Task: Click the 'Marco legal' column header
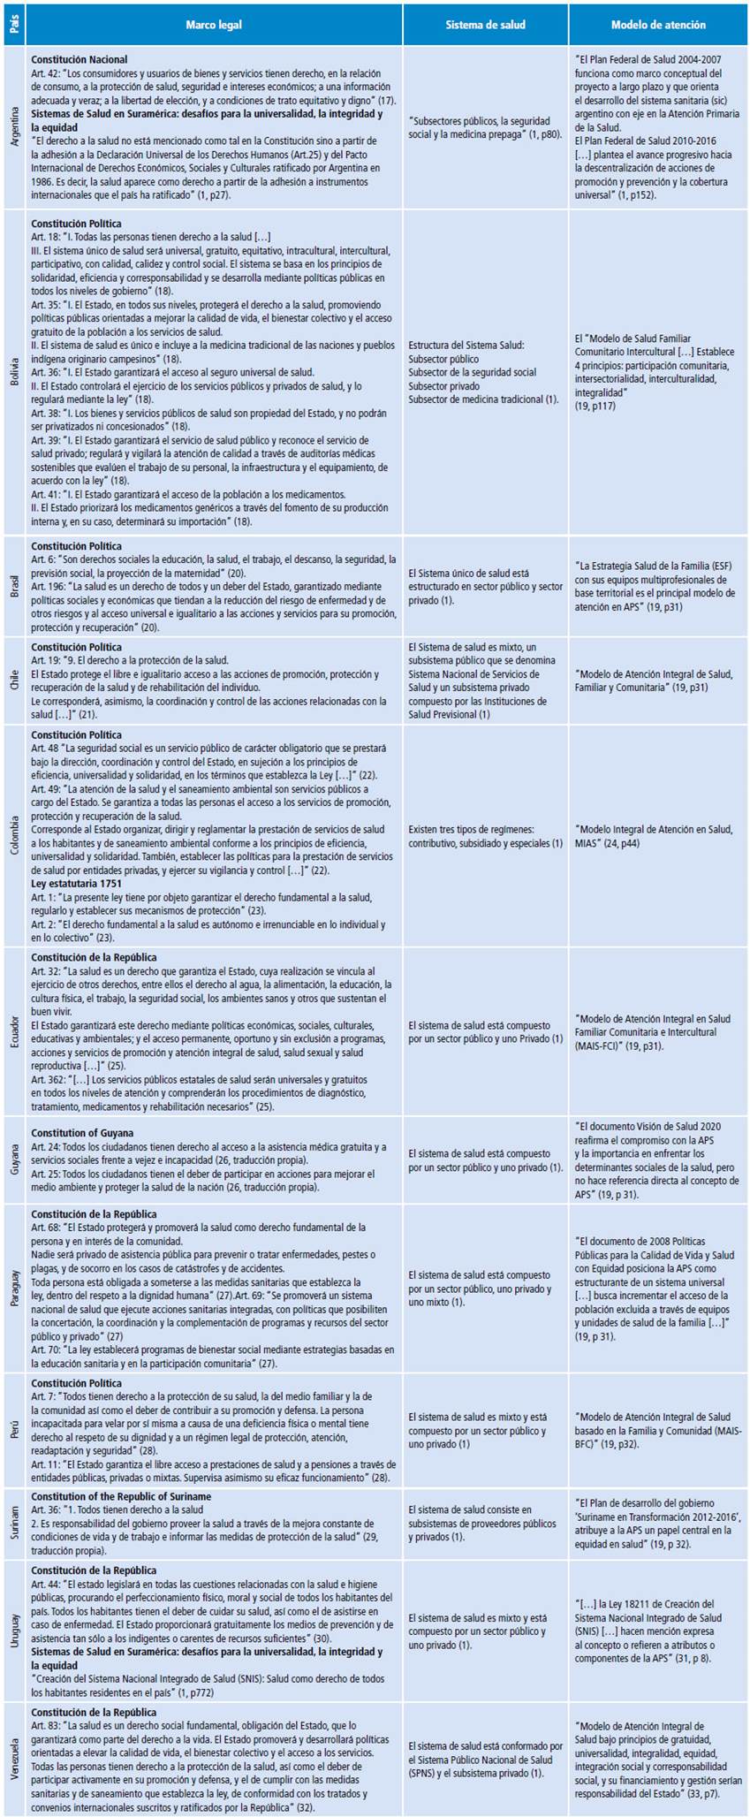pyautogui.click(x=213, y=25)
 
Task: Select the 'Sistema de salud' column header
pyautogui.click(x=485, y=25)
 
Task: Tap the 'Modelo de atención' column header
pyautogui.click(x=656, y=25)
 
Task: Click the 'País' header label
pyautogui.click(x=13, y=25)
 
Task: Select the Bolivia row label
pyautogui.click(x=13, y=372)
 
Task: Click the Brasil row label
pyautogui.click(x=13, y=587)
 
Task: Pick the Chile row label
pyautogui.click(x=13, y=681)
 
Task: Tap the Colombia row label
pyautogui.click(x=13, y=836)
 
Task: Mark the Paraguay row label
pyautogui.click(x=13, y=1289)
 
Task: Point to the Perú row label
pyautogui.click(x=13, y=1430)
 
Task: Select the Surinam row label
pyautogui.click(x=13, y=1523)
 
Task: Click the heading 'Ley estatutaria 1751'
pyautogui.click(x=77, y=883)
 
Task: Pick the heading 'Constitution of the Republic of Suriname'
pyautogui.click(x=122, y=1496)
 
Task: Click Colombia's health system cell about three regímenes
pyautogui.click(x=485, y=836)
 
